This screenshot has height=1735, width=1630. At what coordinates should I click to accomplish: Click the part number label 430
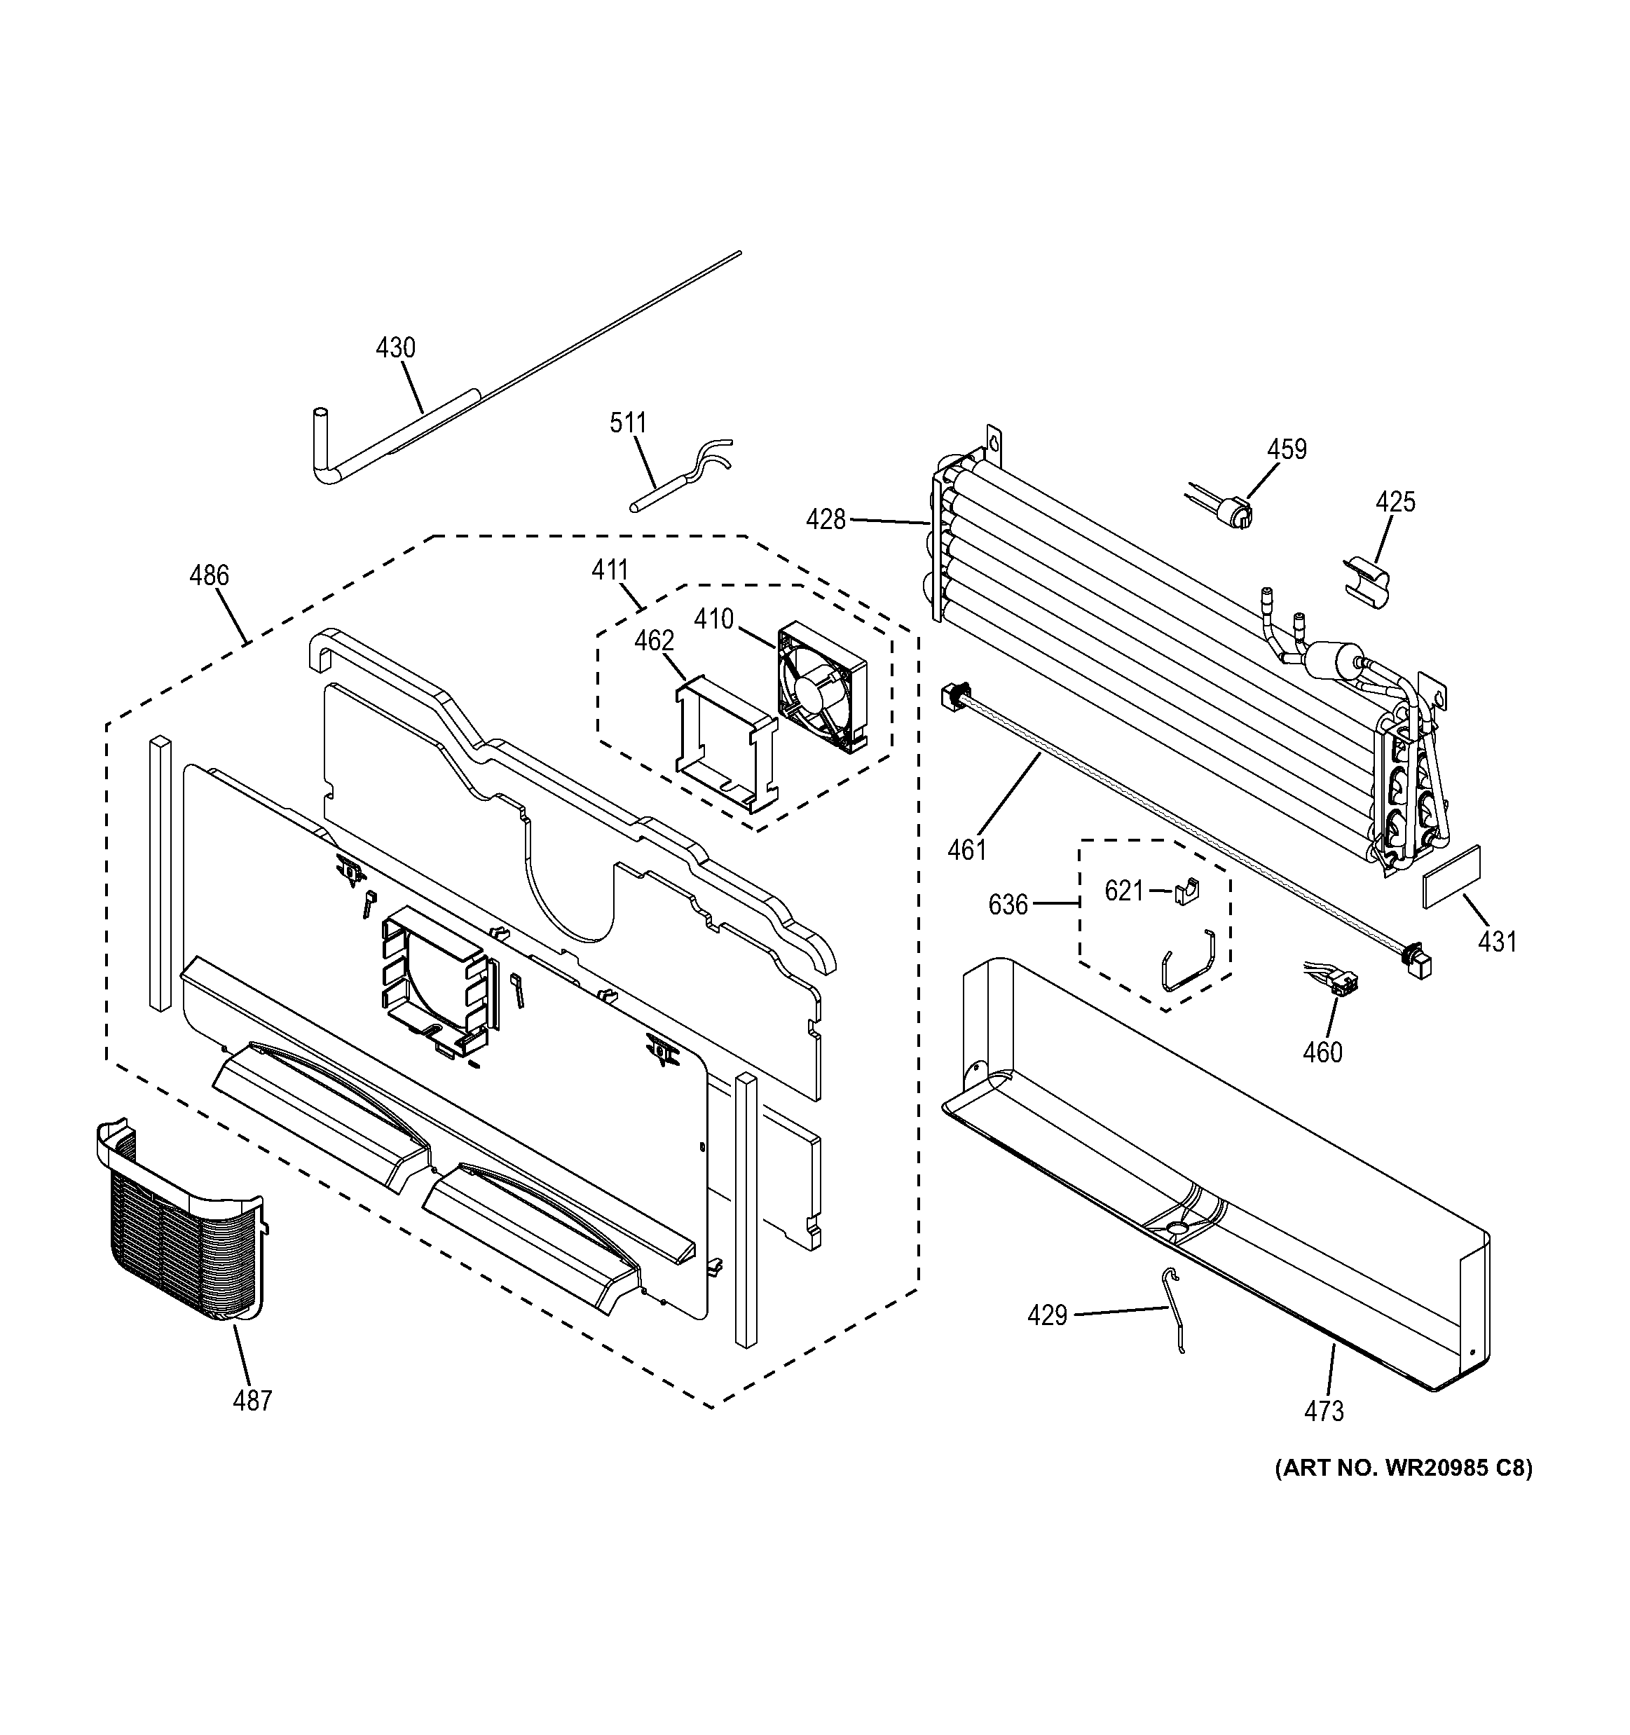[395, 348]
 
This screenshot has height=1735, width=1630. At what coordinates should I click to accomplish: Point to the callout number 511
[627, 423]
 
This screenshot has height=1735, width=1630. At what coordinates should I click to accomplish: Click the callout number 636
[1008, 905]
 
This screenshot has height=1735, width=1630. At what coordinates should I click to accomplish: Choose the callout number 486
[210, 575]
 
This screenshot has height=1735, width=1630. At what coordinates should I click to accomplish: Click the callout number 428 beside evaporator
[826, 520]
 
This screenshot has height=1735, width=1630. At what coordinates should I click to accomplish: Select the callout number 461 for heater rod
[967, 849]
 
